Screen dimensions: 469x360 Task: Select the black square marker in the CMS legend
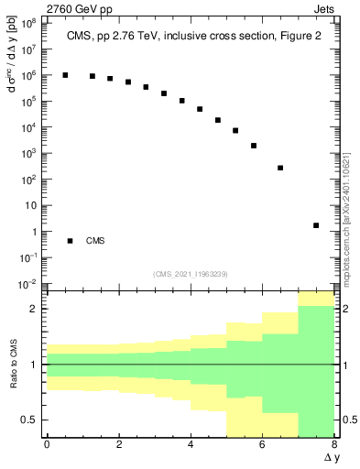coord(70,241)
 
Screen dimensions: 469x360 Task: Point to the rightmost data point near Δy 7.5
coord(316,225)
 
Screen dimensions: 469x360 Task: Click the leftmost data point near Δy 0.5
coord(65,75)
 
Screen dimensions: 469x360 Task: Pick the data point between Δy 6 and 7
coord(280,168)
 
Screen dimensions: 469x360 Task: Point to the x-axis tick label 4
coord(191,445)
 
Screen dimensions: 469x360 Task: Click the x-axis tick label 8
coord(334,445)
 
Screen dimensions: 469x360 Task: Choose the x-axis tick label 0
coord(47,445)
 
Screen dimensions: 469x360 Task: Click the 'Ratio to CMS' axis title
coord(12,377)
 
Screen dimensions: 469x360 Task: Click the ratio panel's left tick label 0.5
coord(28,420)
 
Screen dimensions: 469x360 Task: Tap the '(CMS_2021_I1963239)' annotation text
coord(191,274)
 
